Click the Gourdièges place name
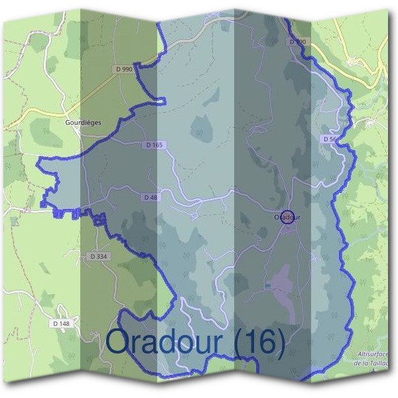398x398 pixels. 83,122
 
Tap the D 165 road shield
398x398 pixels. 153,145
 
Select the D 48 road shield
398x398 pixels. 149,197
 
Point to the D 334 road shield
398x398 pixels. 98,256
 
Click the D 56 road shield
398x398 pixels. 330,139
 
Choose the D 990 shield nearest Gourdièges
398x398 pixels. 123,69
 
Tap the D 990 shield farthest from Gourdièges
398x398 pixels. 298,42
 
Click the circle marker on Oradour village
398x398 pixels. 287,217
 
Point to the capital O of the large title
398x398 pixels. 119,342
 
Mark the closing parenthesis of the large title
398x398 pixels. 280,342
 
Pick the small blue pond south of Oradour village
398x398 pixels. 267,285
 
